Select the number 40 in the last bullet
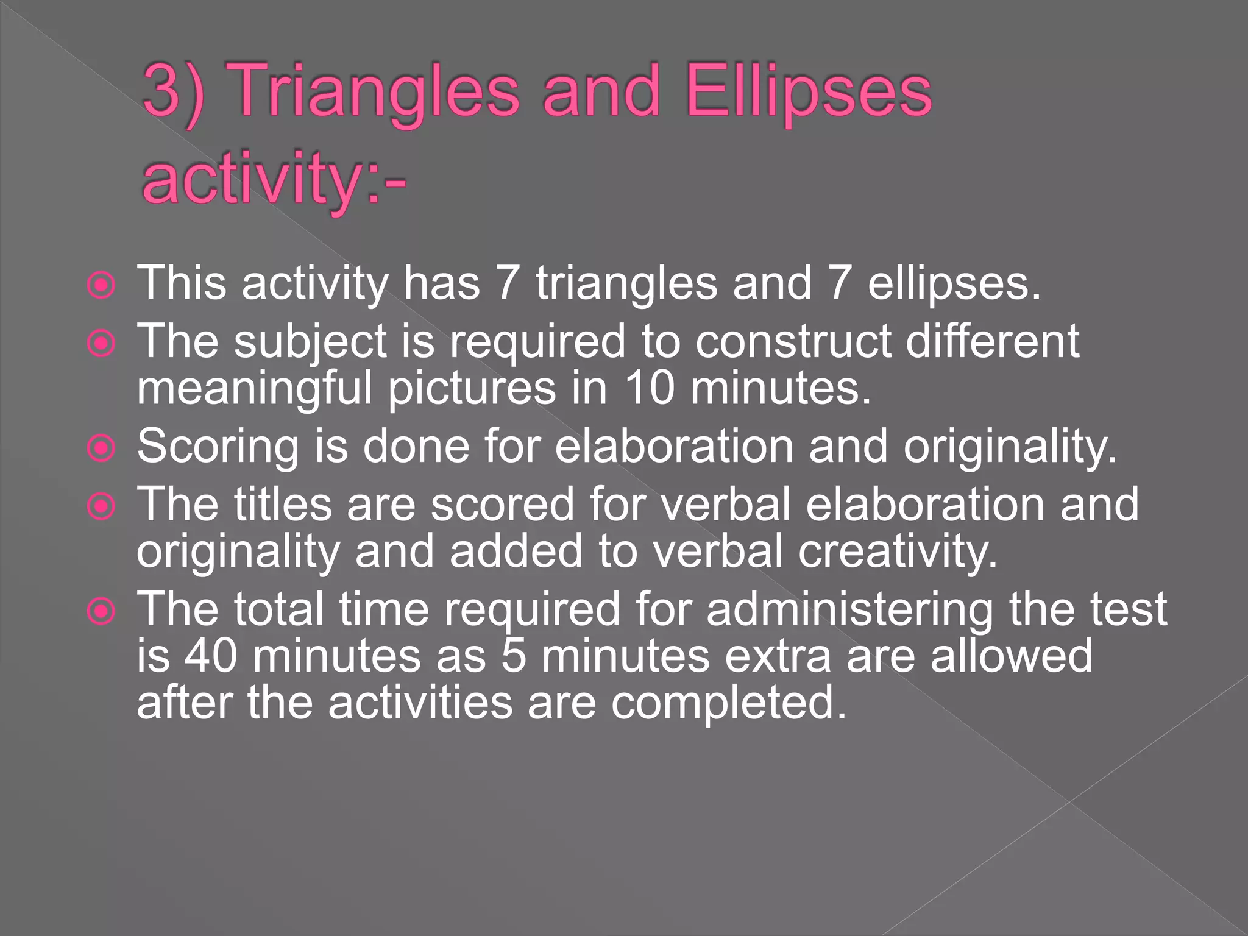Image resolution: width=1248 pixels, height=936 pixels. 210,656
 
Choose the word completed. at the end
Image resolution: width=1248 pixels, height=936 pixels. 729,703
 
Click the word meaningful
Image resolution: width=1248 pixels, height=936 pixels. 254,388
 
